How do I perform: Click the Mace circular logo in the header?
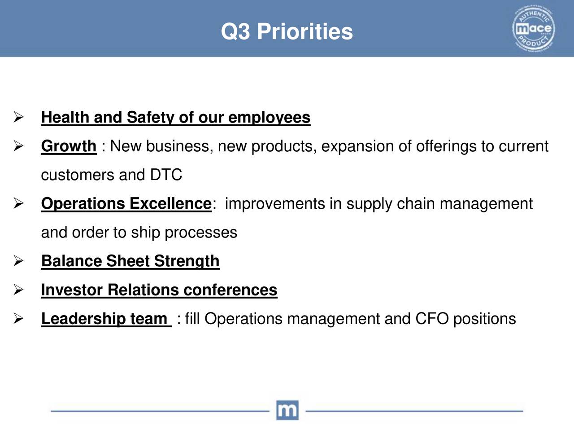(x=534, y=28)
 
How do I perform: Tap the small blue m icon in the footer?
(x=287, y=410)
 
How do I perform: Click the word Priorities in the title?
(x=305, y=32)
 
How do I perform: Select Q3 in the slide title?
(x=235, y=32)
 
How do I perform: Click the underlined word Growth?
(x=69, y=146)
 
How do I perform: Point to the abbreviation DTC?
(x=166, y=175)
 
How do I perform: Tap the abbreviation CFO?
(x=432, y=318)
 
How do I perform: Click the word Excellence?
(x=170, y=203)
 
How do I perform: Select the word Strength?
(x=187, y=261)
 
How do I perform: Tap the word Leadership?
(x=83, y=319)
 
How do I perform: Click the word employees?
(x=270, y=118)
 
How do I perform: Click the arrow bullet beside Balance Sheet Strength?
(x=18, y=261)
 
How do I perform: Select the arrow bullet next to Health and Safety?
(x=18, y=117)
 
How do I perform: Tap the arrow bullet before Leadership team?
(x=18, y=318)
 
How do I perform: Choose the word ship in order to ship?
(x=145, y=233)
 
